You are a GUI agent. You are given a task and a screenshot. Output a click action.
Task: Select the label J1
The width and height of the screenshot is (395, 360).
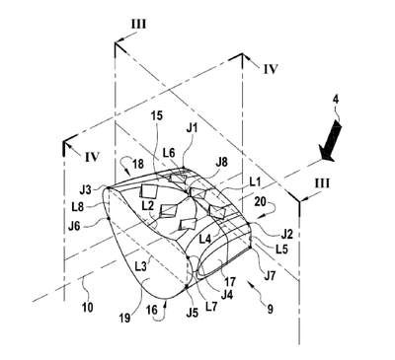pos(192,128)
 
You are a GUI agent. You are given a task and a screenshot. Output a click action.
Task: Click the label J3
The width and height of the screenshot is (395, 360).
pos(86,190)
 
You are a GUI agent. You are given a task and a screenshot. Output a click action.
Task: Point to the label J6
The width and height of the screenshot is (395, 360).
pos(74,227)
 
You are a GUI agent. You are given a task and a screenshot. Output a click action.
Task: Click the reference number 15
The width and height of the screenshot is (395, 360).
pos(157,116)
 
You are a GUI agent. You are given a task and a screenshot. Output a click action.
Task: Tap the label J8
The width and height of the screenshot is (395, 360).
pos(222,163)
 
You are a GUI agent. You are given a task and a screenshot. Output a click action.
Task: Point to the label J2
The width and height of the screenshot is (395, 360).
pos(285,234)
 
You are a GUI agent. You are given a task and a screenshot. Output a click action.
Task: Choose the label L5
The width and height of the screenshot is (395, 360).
pos(281,249)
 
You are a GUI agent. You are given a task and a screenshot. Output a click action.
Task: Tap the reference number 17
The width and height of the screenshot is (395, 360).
pos(230,282)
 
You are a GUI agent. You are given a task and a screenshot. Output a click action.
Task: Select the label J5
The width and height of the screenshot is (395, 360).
pos(193,313)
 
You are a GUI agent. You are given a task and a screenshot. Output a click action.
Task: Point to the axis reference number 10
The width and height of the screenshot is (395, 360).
pos(88,307)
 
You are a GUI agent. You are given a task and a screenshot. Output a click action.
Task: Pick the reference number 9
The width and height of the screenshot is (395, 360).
pos(270,310)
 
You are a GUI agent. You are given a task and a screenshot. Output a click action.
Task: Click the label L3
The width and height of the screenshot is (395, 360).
pos(141,266)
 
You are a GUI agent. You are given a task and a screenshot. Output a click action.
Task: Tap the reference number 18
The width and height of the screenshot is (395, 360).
pos(138,164)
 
